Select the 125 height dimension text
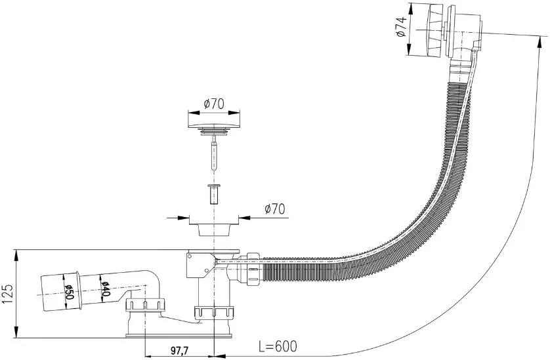[7, 294]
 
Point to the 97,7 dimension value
[179, 350]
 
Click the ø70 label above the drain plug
[214, 104]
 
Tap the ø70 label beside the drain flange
[275, 209]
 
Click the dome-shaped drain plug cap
[214, 124]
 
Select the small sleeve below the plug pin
[213, 194]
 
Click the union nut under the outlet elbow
[145, 305]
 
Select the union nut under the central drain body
[213, 312]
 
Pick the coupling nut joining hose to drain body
[253, 270]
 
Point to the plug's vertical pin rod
[213, 153]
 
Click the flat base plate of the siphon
[179, 336]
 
